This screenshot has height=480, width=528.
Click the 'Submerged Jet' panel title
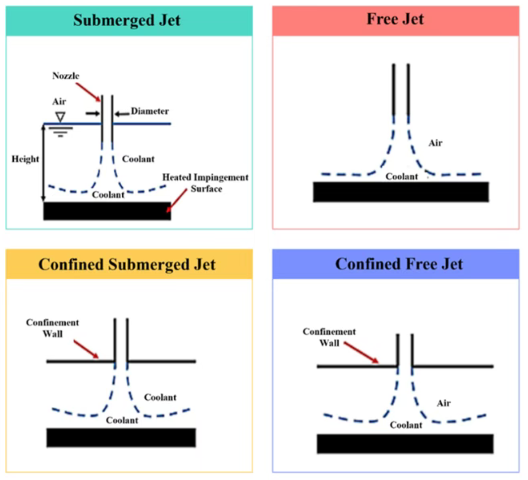pyautogui.click(x=127, y=20)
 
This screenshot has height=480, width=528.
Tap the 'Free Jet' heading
pyautogui.click(x=395, y=19)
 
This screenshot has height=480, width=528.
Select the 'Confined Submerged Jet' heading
pyautogui.click(x=127, y=265)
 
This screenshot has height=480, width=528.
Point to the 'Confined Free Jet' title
pyautogui.click(x=399, y=264)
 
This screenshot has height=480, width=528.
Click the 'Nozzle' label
pyautogui.click(x=66, y=76)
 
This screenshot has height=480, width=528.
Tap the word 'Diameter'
pyautogui.click(x=150, y=111)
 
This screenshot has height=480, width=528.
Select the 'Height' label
pyautogui.click(x=25, y=159)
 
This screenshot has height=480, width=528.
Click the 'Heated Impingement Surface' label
pyautogui.click(x=205, y=183)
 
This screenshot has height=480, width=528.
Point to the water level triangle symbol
pyautogui.click(x=60, y=117)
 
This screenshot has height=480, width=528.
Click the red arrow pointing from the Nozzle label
pyautogui.click(x=88, y=92)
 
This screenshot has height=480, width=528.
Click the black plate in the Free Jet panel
pyautogui.click(x=401, y=192)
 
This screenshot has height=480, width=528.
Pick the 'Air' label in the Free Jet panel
pyautogui.click(x=435, y=143)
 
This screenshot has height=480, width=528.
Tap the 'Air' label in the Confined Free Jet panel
pyautogui.click(x=443, y=403)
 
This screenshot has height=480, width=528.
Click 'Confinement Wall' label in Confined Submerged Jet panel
pyautogui.click(x=52, y=328)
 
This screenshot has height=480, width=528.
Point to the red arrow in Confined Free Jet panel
pyautogui.click(x=361, y=353)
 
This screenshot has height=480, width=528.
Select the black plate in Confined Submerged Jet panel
pyautogui.click(x=121, y=438)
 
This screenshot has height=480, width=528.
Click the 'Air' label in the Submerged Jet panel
pyautogui.click(x=59, y=102)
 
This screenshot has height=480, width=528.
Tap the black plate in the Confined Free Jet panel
pyautogui.click(x=405, y=444)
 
